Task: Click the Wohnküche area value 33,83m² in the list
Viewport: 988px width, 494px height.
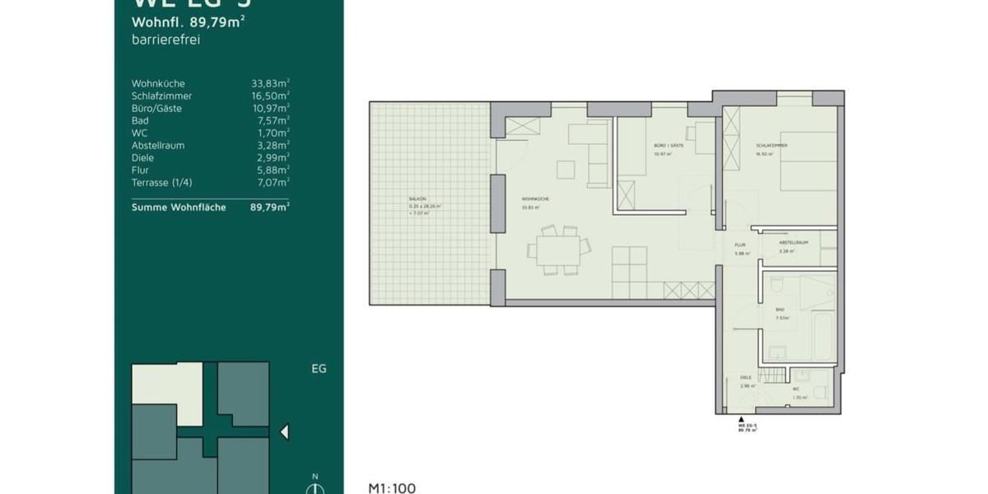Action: pyautogui.click(x=270, y=83)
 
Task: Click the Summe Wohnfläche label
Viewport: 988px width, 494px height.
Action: pyautogui.click(x=179, y=207)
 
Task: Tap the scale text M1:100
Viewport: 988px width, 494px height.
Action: pyautogui.click(x=392, y=488)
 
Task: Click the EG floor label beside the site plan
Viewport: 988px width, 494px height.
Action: pyautogui.click(x=319, y=369)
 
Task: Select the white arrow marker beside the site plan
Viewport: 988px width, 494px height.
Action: pyautogui.click(x=284, y=431)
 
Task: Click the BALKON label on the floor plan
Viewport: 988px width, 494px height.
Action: pyautogui.click(x=417, y=199)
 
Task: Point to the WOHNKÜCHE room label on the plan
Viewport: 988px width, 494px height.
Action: pyautogui.click(x=535, y=199)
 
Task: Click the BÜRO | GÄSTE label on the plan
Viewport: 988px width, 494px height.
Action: pyautogui.click(x=669, y=146)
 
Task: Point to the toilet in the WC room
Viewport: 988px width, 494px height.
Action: pyautogui.click(x=821, y=386)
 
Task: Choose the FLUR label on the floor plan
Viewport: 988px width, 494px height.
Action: pyautogui.click(x=739, y=244)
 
